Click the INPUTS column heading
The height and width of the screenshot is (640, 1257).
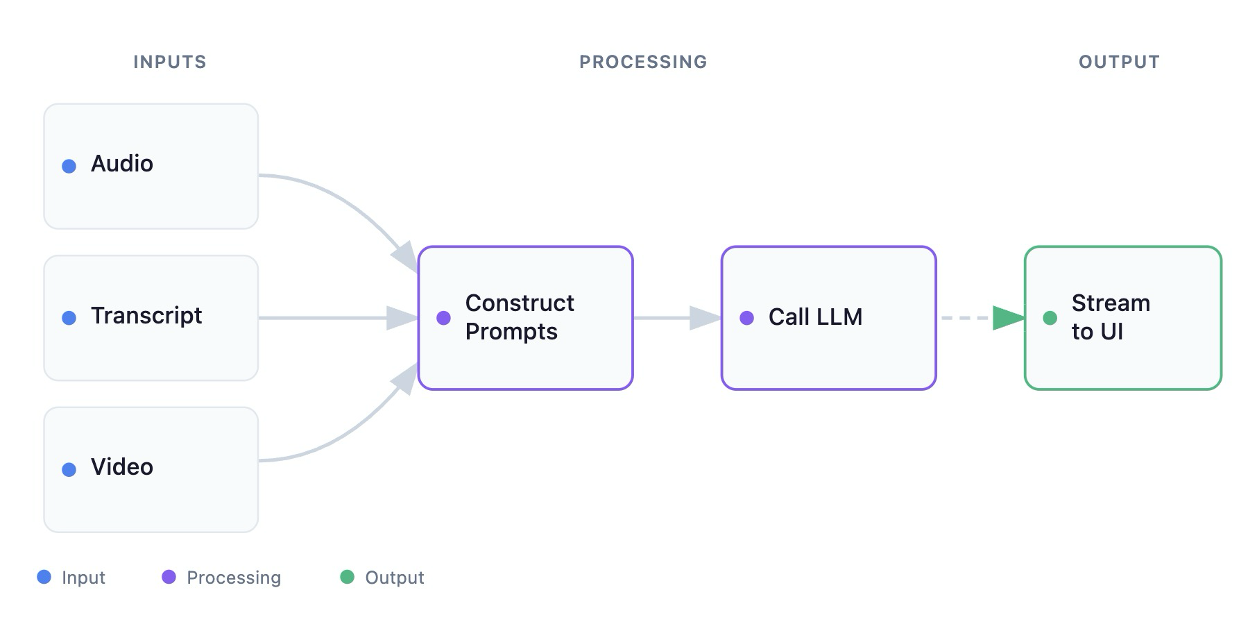pos(170,62)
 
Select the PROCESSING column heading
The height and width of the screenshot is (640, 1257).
pos(643,62)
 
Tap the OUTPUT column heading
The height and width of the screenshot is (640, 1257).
pos(1118,62)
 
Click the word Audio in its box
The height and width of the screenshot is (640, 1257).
pos(122,164)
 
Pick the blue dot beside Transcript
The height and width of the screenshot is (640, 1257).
pos(69,318)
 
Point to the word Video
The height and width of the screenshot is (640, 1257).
pos(122,467)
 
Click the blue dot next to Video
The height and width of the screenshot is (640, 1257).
pos(69,470)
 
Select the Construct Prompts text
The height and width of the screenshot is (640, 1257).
pos(519,317)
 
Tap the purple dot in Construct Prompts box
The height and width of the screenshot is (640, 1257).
pos(443,318)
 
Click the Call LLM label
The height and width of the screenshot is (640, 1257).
pos(815,317)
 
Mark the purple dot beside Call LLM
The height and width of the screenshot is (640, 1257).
pos(746,318)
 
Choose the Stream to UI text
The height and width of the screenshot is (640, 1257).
pos(1110,317)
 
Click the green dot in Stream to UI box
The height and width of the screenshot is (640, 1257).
pos(1050,318)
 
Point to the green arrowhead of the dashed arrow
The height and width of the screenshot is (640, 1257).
pos(1008,318)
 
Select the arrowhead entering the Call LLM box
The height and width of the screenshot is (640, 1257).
pos(705,318)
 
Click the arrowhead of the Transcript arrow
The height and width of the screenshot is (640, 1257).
pos(402,318)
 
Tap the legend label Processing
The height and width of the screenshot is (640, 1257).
pos(234,578)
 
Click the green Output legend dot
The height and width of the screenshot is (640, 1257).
pos(347,577)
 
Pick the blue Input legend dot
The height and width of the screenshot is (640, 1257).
pos(44,577)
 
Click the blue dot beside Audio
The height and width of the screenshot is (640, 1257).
pos(69,166)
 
